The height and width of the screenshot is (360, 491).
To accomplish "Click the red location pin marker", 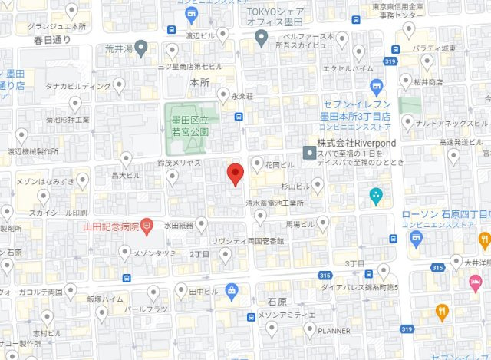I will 236,173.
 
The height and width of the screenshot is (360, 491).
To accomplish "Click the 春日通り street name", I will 51,40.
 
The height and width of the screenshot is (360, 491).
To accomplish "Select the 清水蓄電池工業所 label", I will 274,204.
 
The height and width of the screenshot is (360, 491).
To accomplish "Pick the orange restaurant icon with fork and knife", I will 442,312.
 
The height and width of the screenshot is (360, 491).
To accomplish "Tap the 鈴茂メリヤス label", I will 178,163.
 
